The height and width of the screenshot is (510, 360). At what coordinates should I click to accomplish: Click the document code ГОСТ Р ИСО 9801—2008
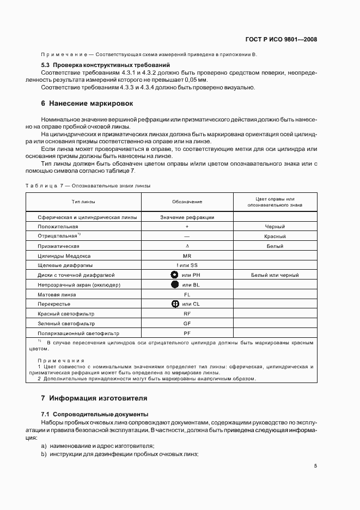click(x=282, y=39)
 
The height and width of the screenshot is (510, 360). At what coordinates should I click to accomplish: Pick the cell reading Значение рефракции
click(x=187, y=217)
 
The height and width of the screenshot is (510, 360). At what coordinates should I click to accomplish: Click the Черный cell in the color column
click(x=274, y=227)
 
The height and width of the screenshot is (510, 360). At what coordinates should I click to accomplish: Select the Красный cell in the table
click(x=274, y=236)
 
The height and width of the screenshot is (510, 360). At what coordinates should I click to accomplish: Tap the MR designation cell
click(x=187, y=256)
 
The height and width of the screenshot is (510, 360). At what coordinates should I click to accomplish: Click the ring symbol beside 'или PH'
click(x=175, y=275)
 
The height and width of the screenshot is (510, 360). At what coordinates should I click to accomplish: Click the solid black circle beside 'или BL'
click(x=175, y=284)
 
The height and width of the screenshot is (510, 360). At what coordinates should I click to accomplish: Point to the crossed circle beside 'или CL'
click(x=175, y=303)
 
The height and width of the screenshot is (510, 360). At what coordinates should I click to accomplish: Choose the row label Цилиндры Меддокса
click(x=64, y=256)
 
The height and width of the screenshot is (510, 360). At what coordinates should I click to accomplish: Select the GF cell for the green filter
click(x=187, y=323)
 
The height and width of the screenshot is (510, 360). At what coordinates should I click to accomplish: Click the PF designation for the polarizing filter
click(x=187, y=332)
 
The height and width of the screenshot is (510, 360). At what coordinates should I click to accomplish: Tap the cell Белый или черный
click(x=274, y=275)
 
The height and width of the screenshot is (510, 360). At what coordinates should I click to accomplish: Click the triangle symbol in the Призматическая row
click(x=187, y=246)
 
